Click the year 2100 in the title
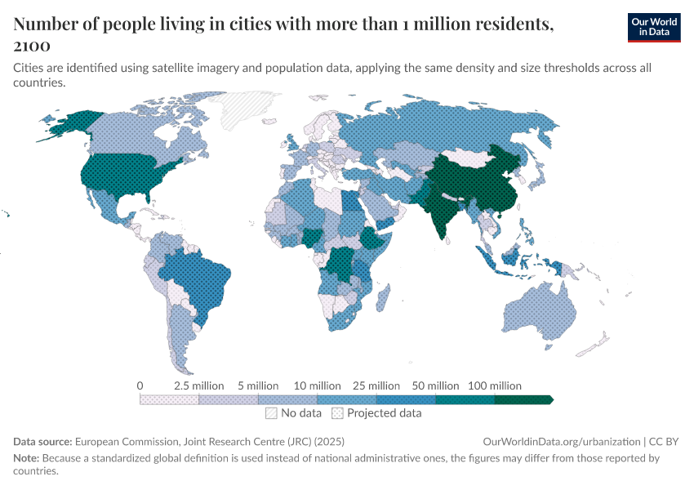pos(32,47)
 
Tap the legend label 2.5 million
pos(199,385)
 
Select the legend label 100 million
pos(494,385)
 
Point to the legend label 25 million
pos(376,385)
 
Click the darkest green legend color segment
pos(523,399)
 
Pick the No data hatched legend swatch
pos(271,413)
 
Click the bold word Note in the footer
pos(26,458)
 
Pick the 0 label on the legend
pos(140,385)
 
